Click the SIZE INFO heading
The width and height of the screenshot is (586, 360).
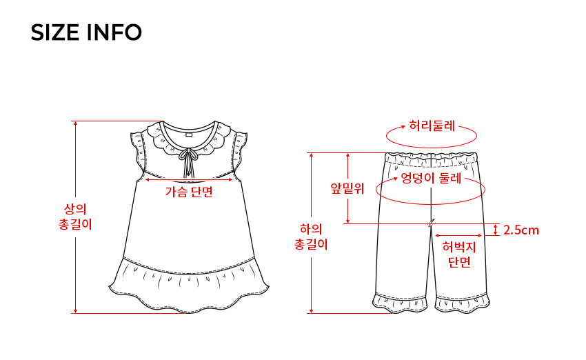click(86, 32)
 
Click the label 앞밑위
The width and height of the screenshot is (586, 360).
click(347, 188)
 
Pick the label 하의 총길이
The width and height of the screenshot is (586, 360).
click(311, 235)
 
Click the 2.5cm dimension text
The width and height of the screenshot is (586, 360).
click(521, 230)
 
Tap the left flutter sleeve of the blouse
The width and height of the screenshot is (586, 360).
click(143, 152)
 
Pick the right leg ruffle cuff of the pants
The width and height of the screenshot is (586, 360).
click(463, 301)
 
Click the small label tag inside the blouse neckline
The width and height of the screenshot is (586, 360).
click(189, 135)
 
